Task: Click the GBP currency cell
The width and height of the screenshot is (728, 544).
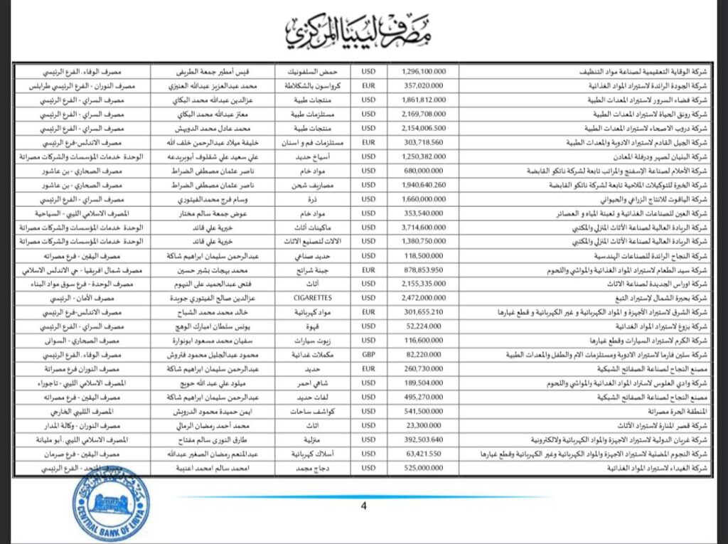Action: [x=368, y=353]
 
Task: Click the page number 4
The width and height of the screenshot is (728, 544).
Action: [x=363, y=506]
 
